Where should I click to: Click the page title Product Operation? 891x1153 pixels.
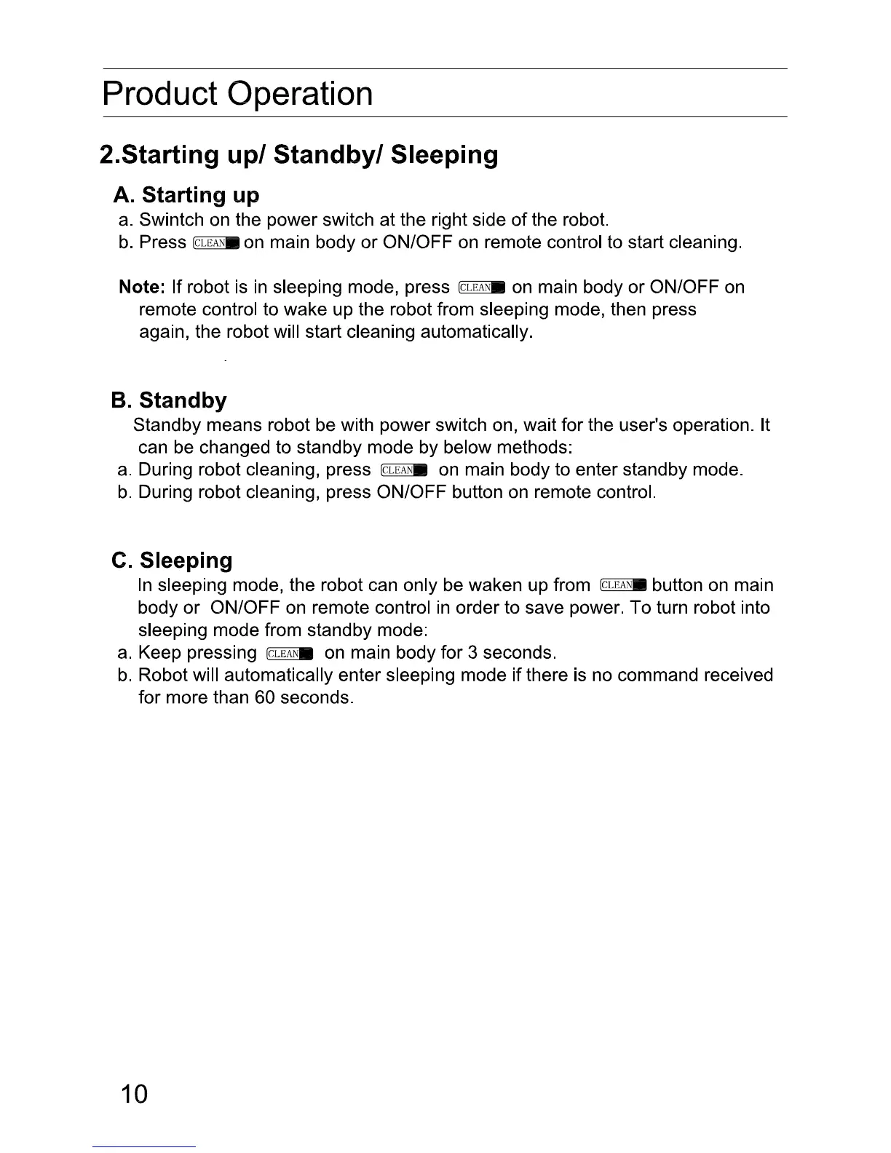point(237,94)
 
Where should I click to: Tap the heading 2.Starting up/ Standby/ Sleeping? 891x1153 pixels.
point(298,155)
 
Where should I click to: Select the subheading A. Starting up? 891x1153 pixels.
point(186,195)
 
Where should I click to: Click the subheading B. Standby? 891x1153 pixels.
point(169,400)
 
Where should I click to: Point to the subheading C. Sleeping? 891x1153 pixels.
point(173,560)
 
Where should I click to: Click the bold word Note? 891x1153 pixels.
point(143,287)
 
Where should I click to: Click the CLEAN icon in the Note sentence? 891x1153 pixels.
point(483,288)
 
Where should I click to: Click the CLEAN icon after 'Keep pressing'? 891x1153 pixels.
point(290,653)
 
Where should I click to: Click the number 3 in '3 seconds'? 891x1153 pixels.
point(473,653)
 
